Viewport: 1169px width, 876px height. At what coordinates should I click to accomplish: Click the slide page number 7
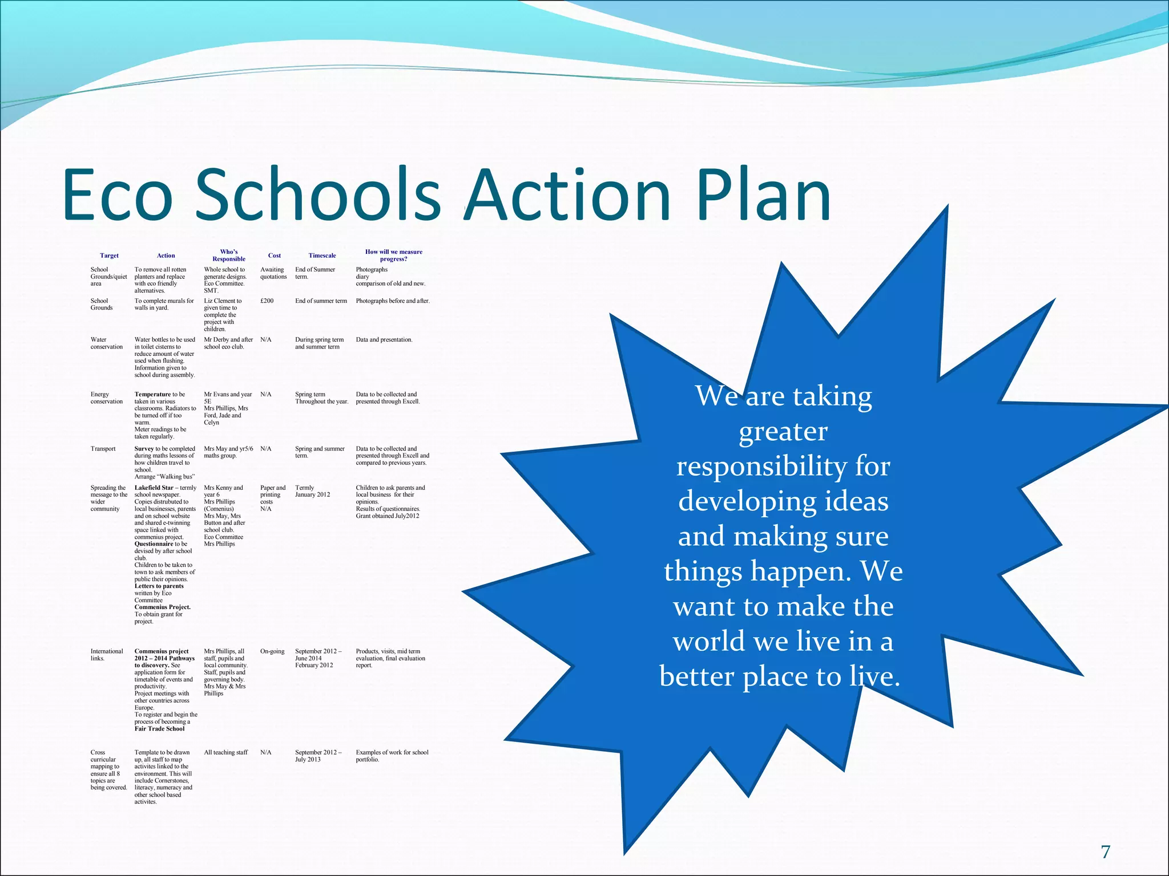1106,852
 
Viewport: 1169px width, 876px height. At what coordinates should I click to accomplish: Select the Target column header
109,255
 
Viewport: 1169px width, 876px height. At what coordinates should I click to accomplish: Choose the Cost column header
274,255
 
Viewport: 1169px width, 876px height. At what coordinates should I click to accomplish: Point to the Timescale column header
322,255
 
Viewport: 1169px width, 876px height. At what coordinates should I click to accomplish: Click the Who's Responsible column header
228,255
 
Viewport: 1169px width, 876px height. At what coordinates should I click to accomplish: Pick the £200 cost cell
267,301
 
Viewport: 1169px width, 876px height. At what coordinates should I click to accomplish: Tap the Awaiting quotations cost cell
273,273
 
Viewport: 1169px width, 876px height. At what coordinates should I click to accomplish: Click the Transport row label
103,449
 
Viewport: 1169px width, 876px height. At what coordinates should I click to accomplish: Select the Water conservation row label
106,343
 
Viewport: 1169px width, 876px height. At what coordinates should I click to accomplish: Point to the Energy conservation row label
106,398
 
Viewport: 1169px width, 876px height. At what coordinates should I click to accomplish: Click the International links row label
106,655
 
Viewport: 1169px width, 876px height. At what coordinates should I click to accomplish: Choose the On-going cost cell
272,651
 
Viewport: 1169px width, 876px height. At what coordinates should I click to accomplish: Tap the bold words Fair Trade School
159,729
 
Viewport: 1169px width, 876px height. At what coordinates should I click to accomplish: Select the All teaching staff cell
226,753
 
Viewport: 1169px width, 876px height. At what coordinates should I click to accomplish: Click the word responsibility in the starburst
783,467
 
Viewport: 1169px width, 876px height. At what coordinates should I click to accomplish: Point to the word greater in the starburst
783,432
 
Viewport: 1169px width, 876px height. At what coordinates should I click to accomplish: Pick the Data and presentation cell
384,340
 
